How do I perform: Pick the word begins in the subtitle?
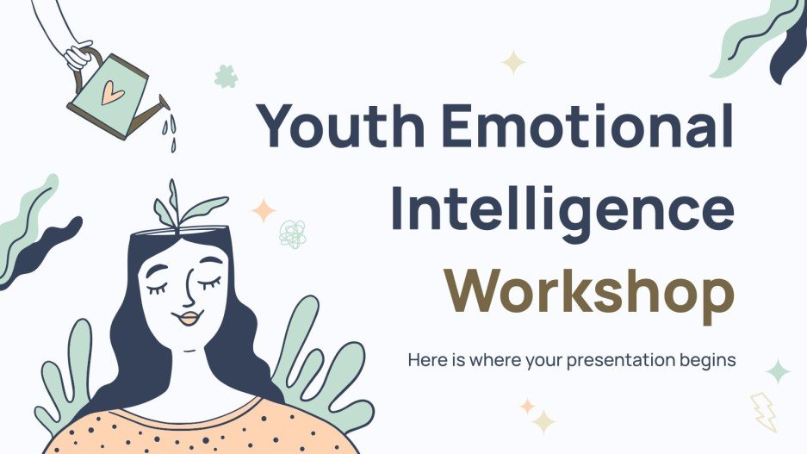click(708, 360)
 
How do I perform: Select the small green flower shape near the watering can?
click(226, 76)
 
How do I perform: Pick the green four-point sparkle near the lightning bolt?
click(778, 371)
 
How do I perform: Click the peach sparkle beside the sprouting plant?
click(263, 210)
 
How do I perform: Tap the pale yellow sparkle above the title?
click(513, 62)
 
